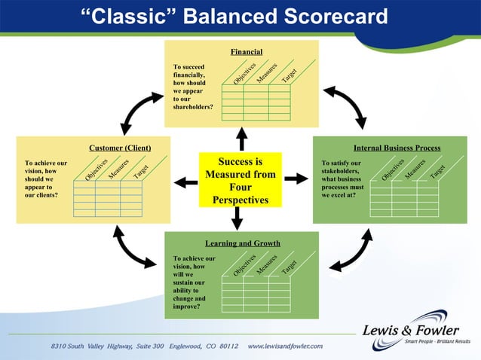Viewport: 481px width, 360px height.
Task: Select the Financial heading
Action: [247, 52]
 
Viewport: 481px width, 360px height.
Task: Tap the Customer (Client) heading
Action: [119, 148]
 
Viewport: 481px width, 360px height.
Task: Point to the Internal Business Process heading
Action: [397, 148]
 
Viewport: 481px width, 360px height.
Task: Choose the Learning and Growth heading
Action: [243, 243]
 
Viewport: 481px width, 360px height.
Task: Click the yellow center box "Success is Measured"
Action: [240, 181]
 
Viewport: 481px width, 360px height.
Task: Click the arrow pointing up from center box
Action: [241, 139]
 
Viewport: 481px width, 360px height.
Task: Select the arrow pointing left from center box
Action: [185, 182]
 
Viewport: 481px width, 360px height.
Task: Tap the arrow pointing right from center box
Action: [296, 178]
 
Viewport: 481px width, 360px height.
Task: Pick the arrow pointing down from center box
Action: [237, 218]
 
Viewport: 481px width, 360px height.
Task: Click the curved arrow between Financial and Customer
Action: [139, 110]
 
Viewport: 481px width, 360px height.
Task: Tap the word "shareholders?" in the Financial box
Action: [193, 107]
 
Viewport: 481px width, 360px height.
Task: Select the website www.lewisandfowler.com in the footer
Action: [285, 346]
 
